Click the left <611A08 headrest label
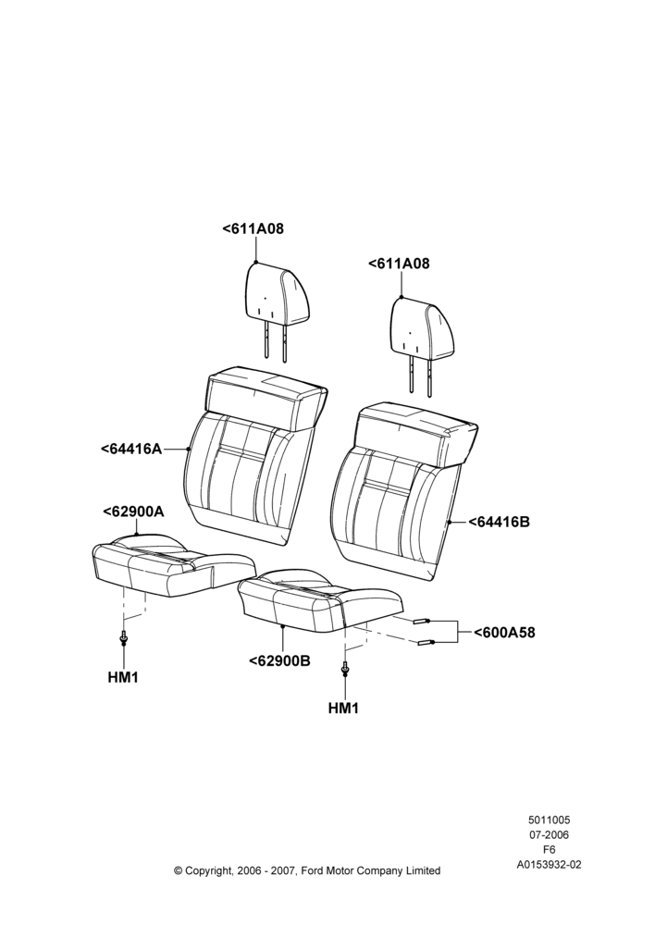point(253,228)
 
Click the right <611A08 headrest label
point(399,263)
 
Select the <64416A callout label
point(131,449)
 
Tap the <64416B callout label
point(500,522)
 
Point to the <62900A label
point(133,512)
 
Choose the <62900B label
point(279,660)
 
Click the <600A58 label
point(504,633)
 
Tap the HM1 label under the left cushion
point(123,678)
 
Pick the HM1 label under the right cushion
point(343,708)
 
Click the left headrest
point(269,312)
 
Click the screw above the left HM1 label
point(123,637)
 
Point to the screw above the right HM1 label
point(344,669)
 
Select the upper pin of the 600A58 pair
point(423,621)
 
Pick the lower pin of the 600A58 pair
point(426,643)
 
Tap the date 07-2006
point(549,834)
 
